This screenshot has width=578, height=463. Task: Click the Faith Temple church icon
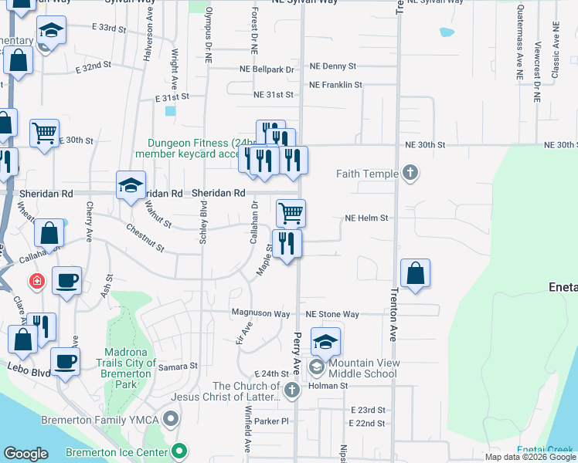(410, 174)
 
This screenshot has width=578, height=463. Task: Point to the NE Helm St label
(365, 218)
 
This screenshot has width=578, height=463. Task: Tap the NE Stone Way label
(332, 314)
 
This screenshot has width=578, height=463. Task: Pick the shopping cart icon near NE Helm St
(291, 212)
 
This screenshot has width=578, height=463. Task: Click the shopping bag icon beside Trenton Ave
(415, 272)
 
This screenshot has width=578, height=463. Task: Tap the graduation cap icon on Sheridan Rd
(131, 185)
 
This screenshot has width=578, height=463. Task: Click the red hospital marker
(36, 281)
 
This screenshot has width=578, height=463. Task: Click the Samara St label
(178, 366)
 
